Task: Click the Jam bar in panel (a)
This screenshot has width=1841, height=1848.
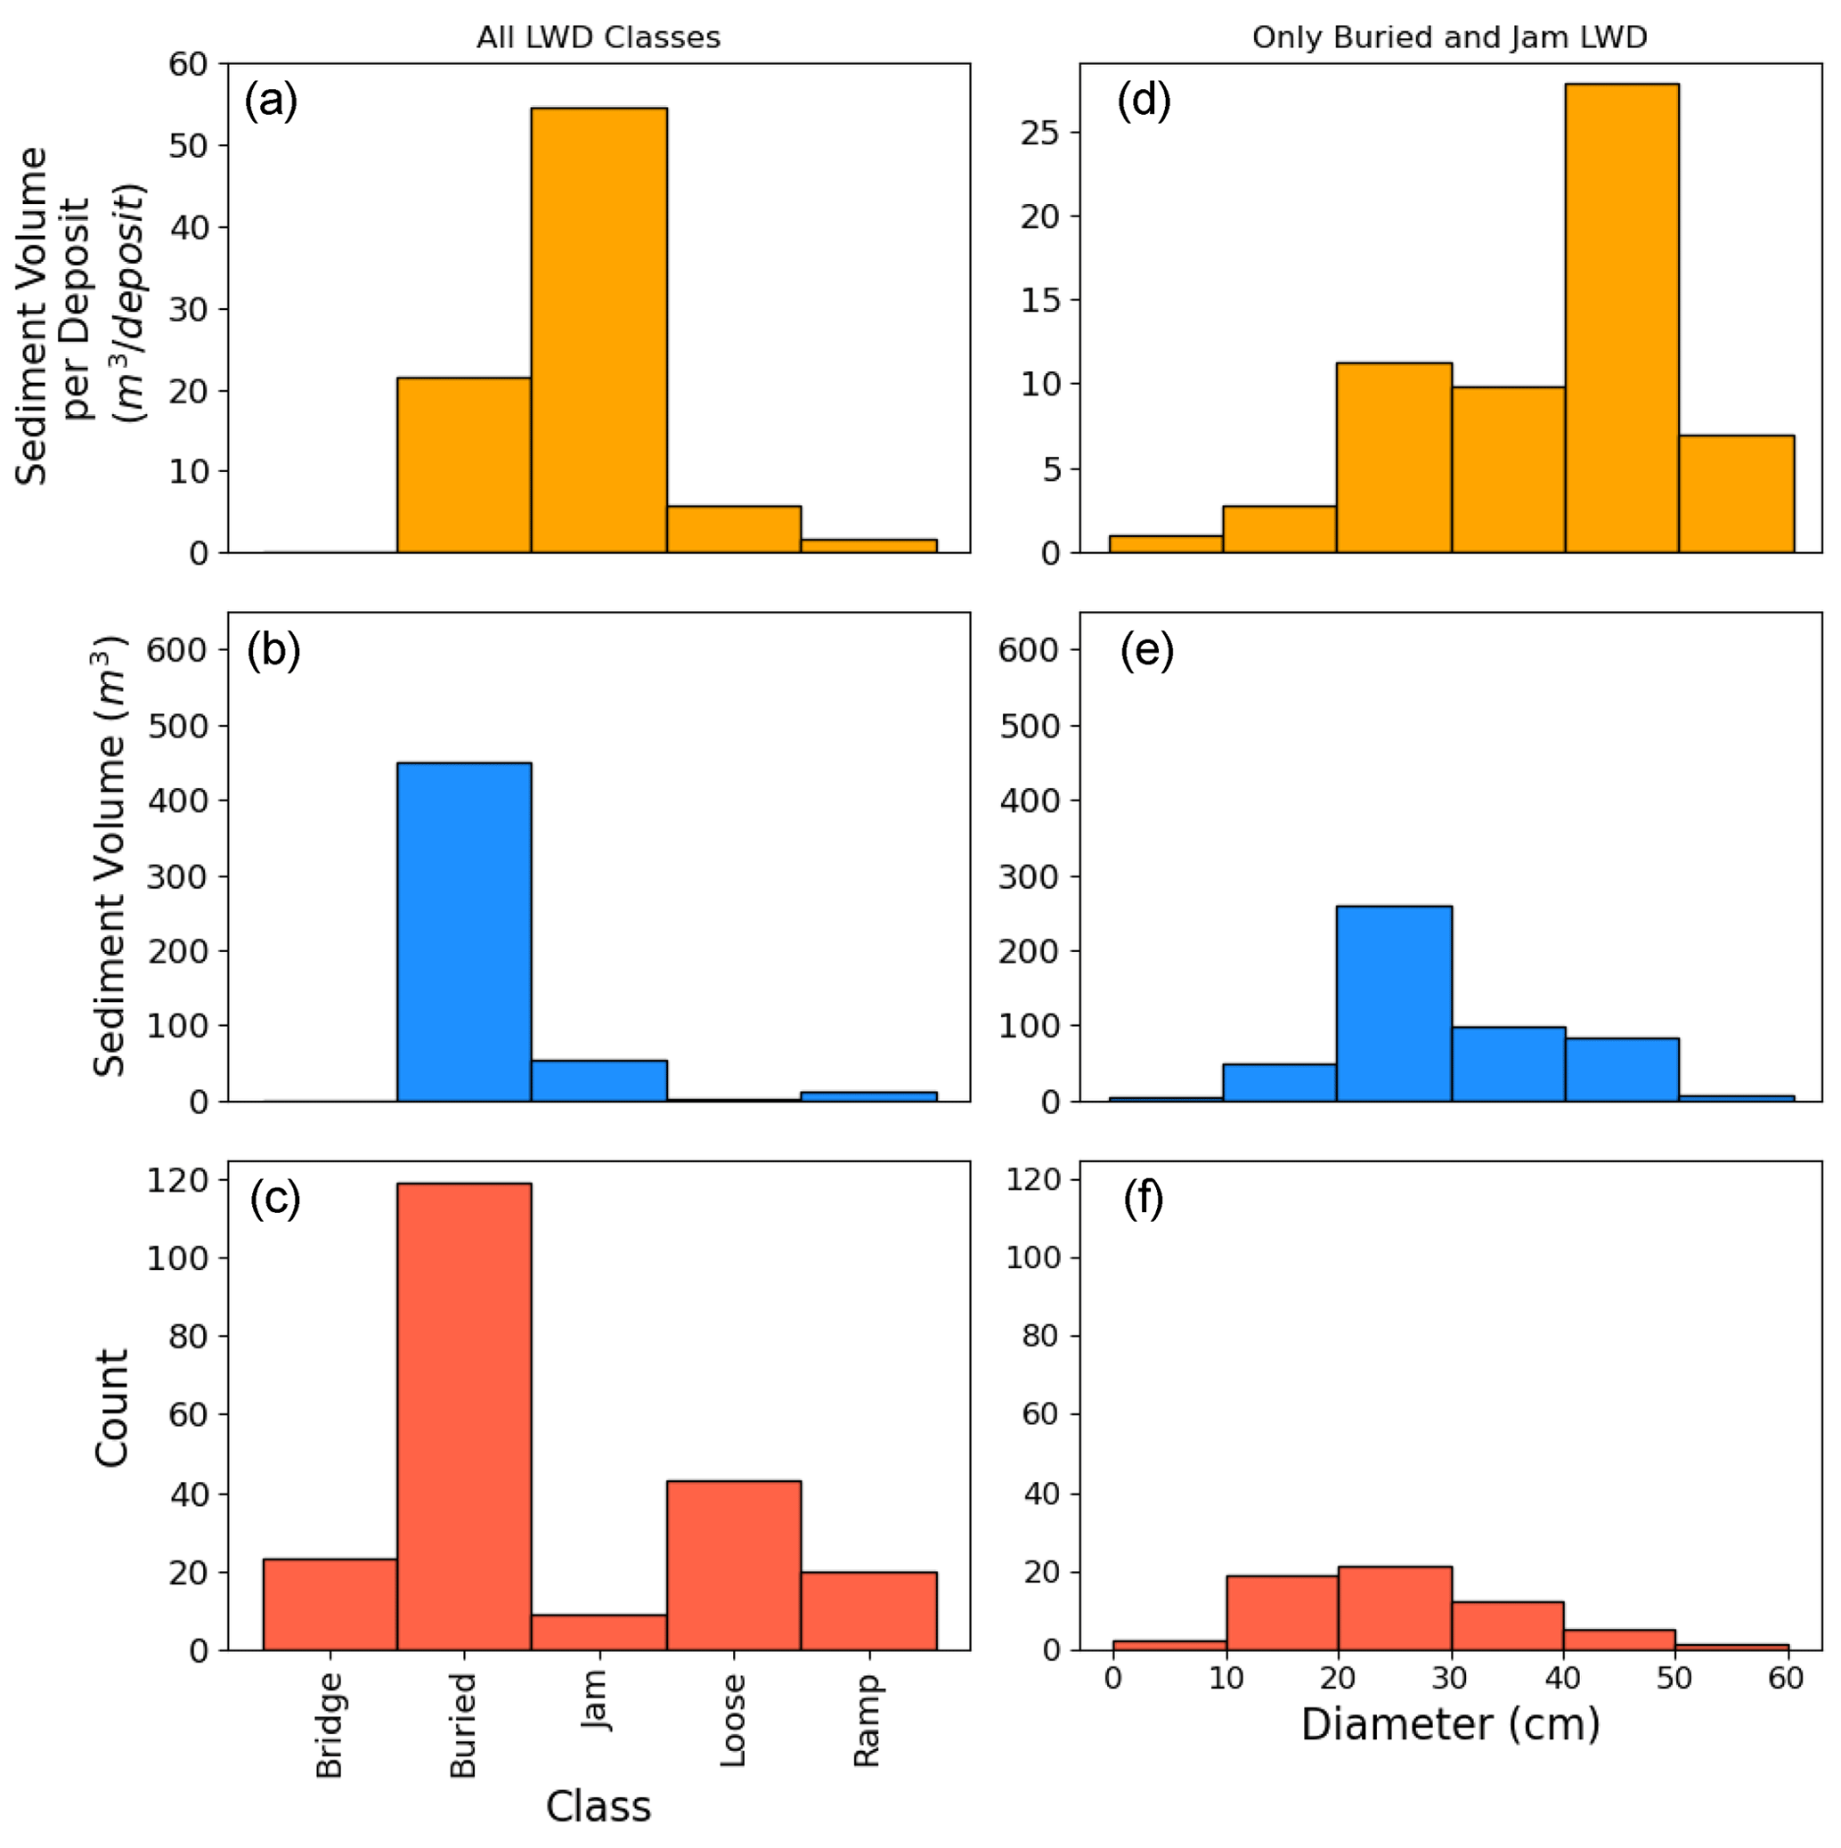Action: pos(599,330)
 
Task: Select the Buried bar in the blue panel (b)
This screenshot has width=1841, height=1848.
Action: pos(464,932)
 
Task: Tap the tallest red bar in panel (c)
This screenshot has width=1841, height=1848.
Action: pos(464,1417)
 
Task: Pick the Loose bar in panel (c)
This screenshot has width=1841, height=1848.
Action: pos(734,1566)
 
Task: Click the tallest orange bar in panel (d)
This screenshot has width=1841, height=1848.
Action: pos(1621,318)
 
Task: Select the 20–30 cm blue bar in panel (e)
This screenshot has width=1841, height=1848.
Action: pos(1393,1004)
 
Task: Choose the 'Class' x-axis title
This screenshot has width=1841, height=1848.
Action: pos(598,1807)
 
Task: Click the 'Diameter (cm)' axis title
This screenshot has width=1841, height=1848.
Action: pos(1450,1724)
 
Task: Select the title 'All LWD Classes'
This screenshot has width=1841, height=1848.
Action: pos(598,37)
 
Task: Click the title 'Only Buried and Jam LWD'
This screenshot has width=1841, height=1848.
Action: pos(1449,37)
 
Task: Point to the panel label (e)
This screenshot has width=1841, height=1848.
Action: pos(1145,650)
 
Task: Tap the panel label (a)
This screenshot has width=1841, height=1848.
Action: pos(271,101)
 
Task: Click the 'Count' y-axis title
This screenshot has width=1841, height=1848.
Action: pos(112,1408)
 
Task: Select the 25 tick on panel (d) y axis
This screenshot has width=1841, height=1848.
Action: pos(1040,132)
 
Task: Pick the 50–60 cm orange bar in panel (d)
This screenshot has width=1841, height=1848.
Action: pos(1736,493)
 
